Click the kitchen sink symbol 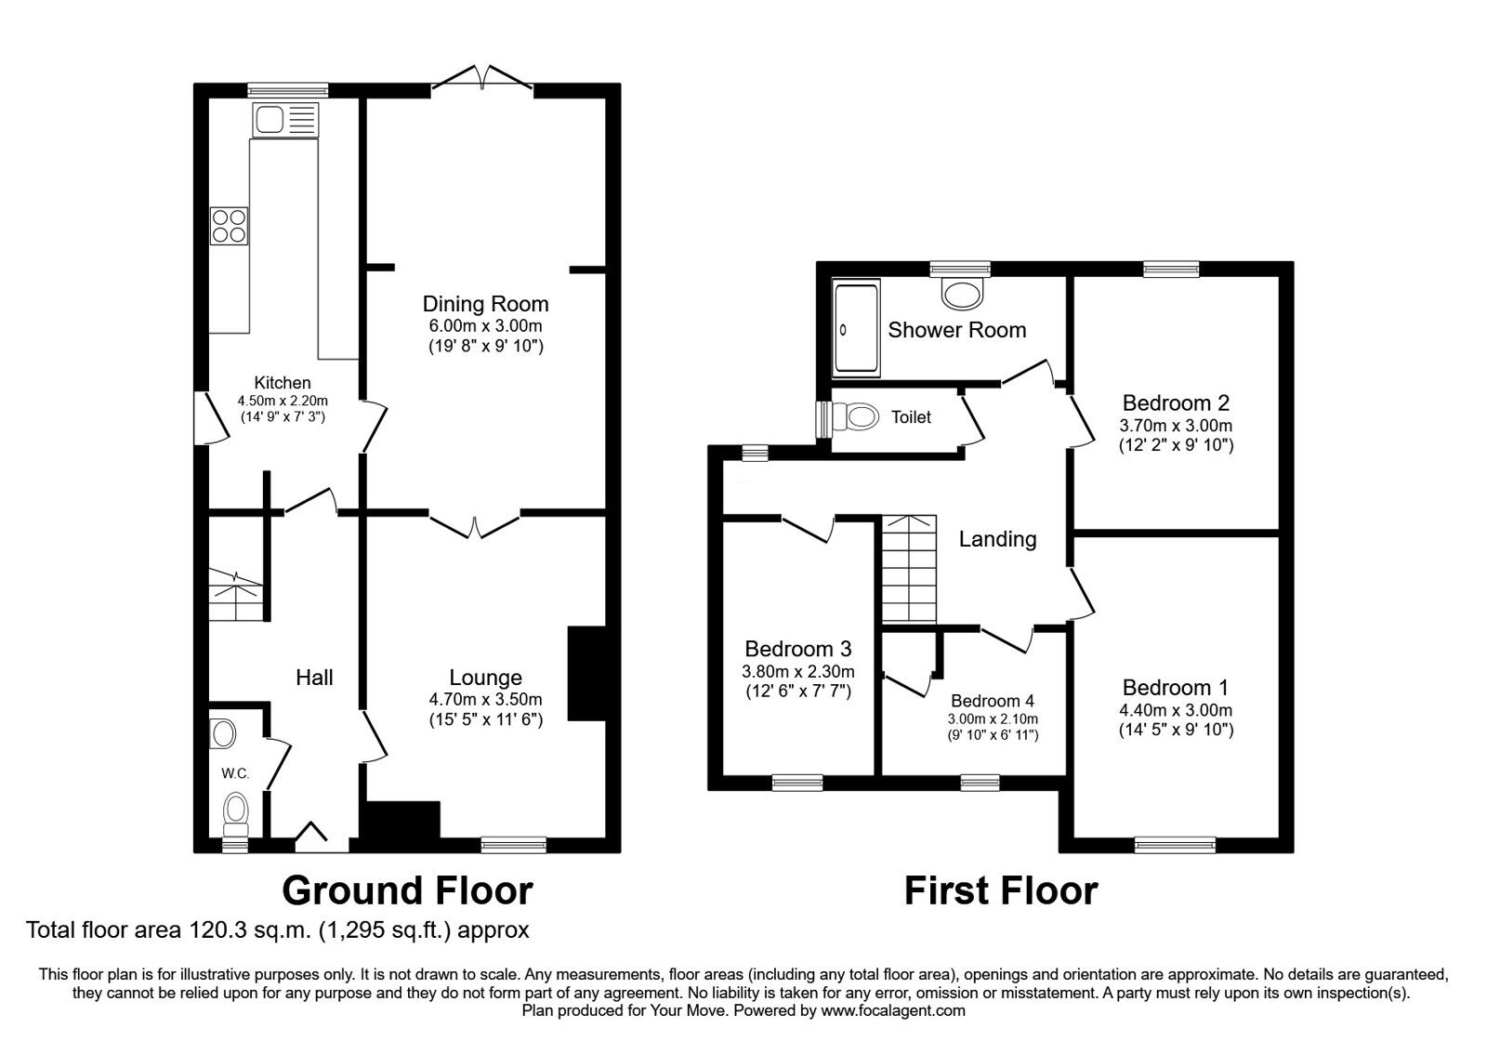(x=284, y=120)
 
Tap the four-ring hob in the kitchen (x=230, y=225)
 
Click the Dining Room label (x=485, y=304)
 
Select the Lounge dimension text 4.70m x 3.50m (x=485, y=699)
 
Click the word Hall (x=314, y=678)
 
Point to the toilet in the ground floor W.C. (x=237, y=811)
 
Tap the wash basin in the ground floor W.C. (x=222, y=733)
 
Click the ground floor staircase (x=235, y=595)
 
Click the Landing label (x=997, y=539)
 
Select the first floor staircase (x=909, y=569)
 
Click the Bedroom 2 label (x=1176, y=403)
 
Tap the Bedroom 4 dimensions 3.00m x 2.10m (x=993, y=718)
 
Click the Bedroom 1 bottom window (x=1175, y=844)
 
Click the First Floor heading (x=1001, y=890)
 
